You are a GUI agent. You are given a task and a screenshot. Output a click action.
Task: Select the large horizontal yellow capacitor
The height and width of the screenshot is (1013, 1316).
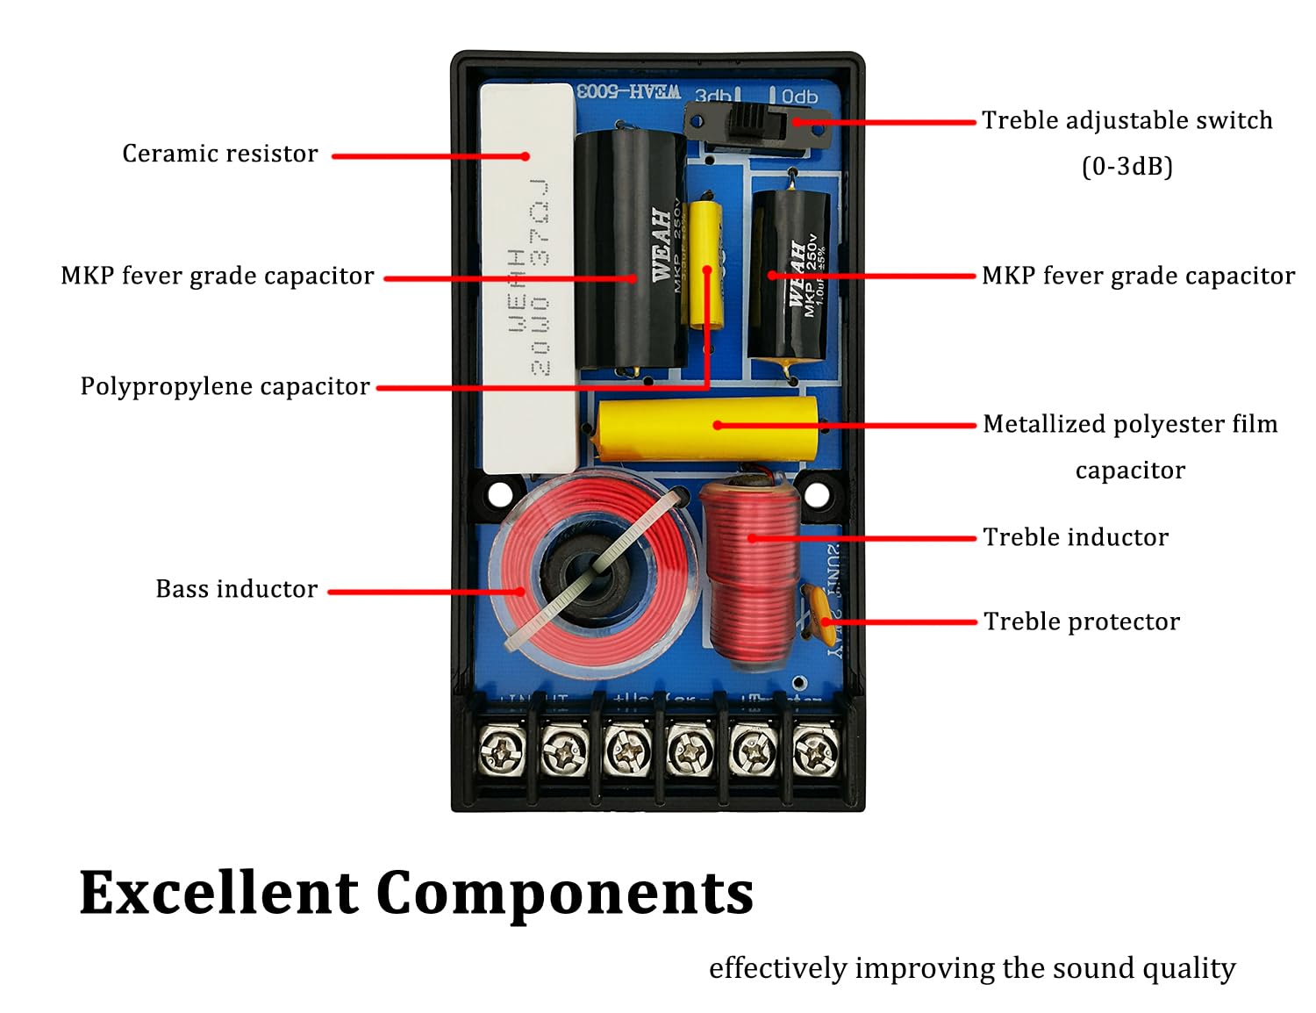(x=706, y=427)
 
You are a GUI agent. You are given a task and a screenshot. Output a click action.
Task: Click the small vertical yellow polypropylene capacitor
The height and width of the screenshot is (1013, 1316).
(x=705, y=263)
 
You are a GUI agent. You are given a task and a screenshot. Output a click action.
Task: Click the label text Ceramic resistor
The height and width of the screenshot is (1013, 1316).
(x=219, y=154)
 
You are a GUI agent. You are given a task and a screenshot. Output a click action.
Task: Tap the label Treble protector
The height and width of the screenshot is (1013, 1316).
(x=1081, y=621)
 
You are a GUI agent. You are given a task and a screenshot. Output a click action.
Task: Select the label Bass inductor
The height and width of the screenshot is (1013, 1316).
(x=236, y=589)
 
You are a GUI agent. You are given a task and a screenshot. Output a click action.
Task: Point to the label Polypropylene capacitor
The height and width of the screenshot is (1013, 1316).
(x=225, y=386)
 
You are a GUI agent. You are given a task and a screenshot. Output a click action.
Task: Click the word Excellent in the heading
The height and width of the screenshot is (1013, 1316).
(x=219, y=893)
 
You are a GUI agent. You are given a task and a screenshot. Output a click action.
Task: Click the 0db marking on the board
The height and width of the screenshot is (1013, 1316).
(x=798, y=96)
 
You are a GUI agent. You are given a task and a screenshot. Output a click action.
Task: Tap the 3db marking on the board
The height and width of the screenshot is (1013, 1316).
(x=712, y=96)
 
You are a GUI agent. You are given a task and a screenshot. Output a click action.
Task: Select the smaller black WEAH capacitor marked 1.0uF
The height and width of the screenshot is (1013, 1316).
(x=788, y=274)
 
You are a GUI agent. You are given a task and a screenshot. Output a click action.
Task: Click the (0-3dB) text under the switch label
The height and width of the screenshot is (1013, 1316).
(x=1126, y=166)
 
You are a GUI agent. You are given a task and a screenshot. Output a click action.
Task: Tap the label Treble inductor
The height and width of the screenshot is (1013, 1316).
(x=1076, y=537)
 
